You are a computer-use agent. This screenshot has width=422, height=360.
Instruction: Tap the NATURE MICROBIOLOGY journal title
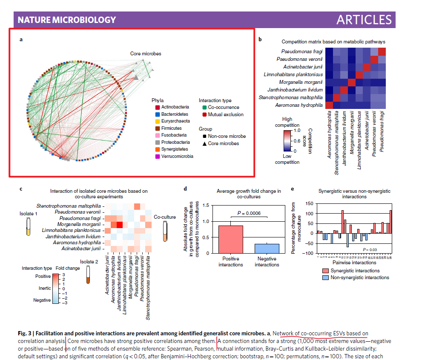[x=67, y=20]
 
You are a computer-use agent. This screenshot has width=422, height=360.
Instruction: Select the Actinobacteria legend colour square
[x=158, y=107]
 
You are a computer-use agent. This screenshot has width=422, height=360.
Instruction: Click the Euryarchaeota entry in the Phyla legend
[x=175, y=121]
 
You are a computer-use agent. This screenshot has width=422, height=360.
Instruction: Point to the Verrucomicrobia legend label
[x=178, y=156]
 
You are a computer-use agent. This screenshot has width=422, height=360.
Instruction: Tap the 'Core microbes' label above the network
[x=146, y=54]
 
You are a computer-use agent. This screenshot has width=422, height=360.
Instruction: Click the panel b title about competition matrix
[x=333, y=42]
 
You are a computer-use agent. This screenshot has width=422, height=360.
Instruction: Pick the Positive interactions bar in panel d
[x=230, y=239]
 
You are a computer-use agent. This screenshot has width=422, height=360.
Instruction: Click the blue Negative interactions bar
[x=267, y=249]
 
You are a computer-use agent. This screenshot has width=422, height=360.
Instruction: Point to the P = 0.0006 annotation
[x=249, y=213]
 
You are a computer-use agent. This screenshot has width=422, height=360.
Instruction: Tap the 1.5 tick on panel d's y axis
[x=207, y=206]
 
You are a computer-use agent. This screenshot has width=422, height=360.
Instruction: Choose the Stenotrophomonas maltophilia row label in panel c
[x=69, y=206]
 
